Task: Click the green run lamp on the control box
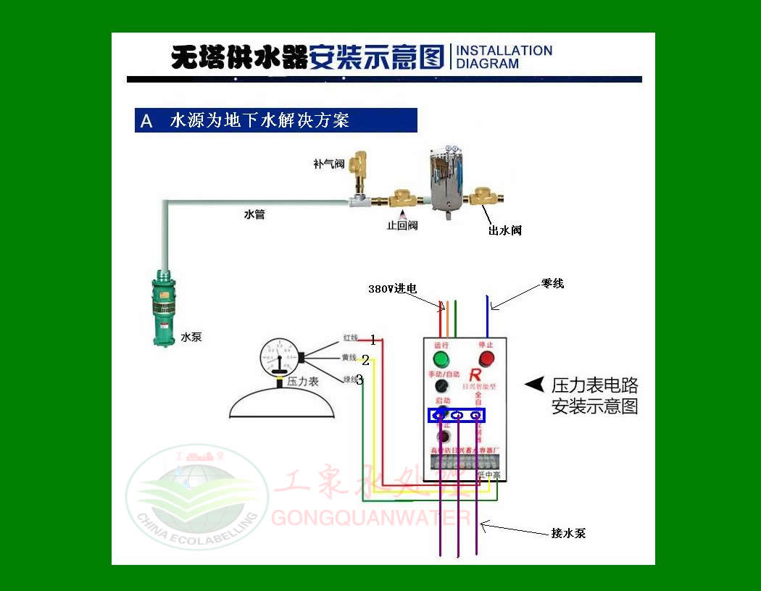[440, 359]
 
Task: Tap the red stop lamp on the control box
[486, 359]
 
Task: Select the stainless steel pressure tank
[446, 182]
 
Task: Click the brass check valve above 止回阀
[400, 199]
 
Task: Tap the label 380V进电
[392, 288]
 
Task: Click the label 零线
[552, 284]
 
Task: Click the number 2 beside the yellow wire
[366, 360]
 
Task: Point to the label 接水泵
[568, 533]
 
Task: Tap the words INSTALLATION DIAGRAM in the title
[504, 57]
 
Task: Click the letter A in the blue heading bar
[146, 121]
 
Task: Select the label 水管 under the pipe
[254, 214]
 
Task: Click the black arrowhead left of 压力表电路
[534, 385]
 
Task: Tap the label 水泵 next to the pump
[191, 337]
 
